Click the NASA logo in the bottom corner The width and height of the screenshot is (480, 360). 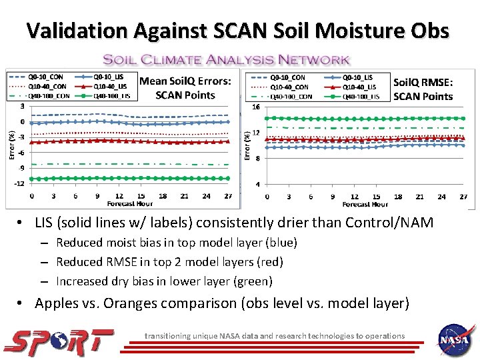[455, 339]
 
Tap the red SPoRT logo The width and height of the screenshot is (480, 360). [59, 341]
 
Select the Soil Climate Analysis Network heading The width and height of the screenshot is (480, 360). [226, 59]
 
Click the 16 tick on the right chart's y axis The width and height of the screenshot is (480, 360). [255, 107]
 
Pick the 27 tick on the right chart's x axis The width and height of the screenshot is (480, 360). [463, 197]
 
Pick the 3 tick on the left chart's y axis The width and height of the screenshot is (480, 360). [23, 105]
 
